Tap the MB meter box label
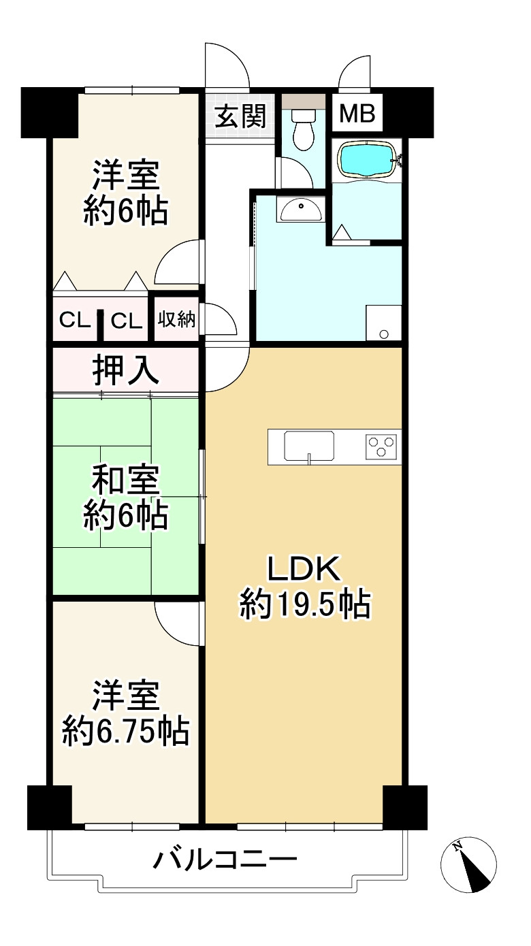357,114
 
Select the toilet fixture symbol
302,129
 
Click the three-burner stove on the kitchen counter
381,446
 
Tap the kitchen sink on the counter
310,447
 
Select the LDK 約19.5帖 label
304,586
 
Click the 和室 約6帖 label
126,498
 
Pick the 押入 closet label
126,371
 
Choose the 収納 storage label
177,319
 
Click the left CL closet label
74,320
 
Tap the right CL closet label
127,320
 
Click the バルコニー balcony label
225,861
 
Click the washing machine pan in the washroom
383,323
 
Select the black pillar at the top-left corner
49,112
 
